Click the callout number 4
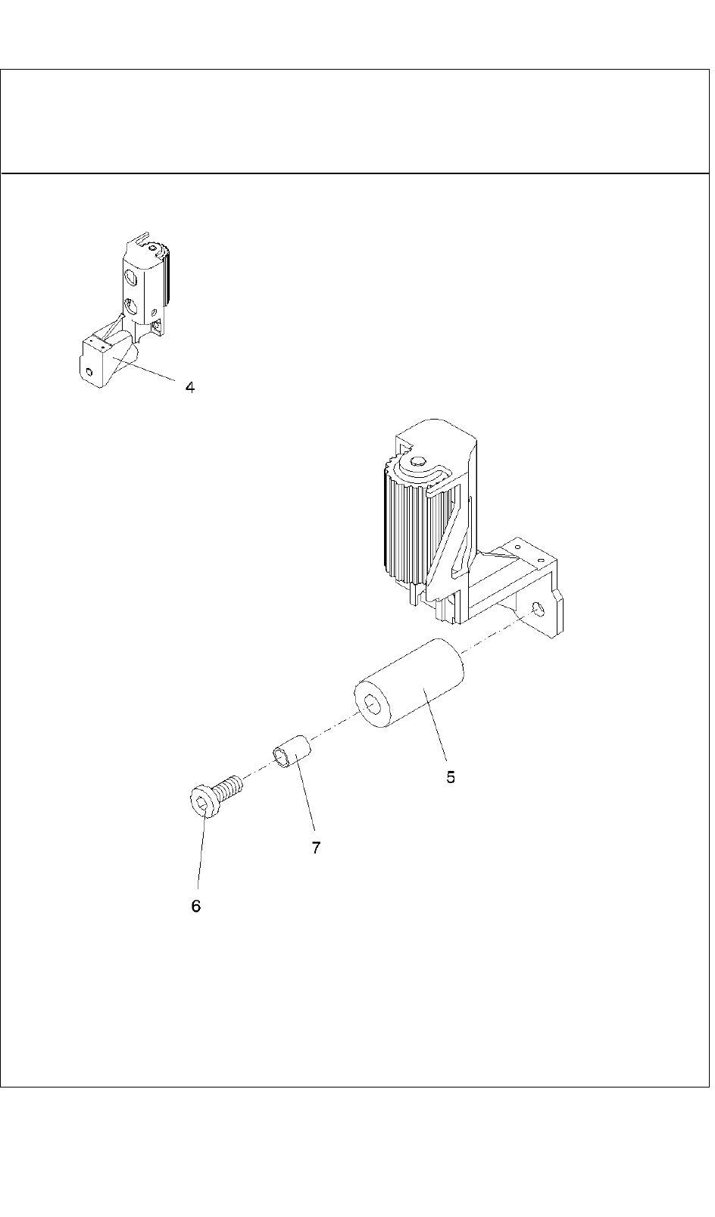190,388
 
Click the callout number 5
451,777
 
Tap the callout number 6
195,907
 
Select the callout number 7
316,848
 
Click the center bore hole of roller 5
373,705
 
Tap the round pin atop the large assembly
417,460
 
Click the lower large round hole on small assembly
132,307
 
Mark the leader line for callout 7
306,803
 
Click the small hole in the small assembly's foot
89,371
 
